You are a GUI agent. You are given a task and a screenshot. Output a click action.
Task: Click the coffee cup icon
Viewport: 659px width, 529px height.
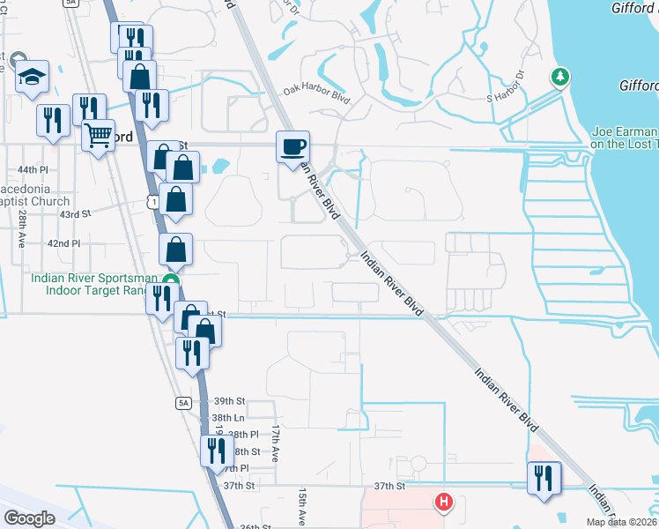292,146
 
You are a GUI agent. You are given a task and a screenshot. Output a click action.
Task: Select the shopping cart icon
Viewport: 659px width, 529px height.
98,136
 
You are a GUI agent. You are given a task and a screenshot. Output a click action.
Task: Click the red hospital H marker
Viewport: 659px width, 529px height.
444,503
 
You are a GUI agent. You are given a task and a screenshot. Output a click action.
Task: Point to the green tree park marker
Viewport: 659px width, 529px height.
559,78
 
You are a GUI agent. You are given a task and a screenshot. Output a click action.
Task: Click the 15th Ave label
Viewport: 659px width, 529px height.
302,508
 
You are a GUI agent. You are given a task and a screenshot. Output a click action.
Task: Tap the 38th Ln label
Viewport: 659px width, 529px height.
227,418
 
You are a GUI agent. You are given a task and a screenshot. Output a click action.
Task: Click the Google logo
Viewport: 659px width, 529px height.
29,518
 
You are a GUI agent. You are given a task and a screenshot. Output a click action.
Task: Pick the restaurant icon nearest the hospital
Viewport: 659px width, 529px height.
544,479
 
